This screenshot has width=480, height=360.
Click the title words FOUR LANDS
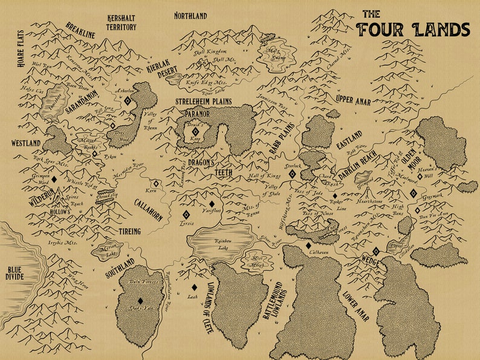pyautogui.click(x=414, y=29)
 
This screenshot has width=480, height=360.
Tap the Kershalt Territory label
pyautogui.click(x=122, y=23)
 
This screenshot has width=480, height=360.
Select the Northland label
pyautogui.click(x=190, y=15)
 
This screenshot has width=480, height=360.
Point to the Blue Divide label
pyautogui.click(x=15, y=275)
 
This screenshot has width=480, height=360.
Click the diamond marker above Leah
pyautogui.click(x=194, y=287)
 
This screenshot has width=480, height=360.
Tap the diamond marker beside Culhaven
pyautogui.click(x=308, y=246)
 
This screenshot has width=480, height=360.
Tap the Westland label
pyautogui.click(x=25, y=143)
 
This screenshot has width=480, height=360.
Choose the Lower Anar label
pyautogui.click(x=355, y=306)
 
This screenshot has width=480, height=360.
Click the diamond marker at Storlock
pyautogui.click(x=292, y=174)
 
